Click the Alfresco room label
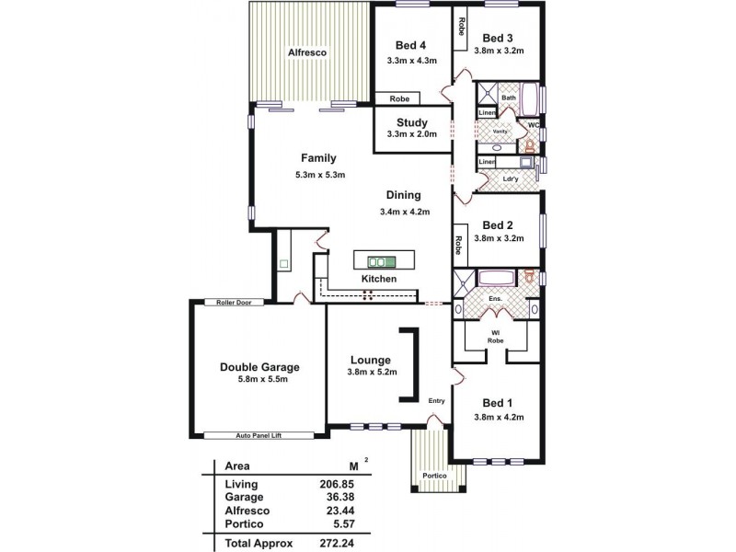pos(307,52)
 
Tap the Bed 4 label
pos(411,46)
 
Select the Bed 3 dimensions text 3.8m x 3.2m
pos(499,52)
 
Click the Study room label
pos(411,122)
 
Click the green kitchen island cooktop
pos(379,259)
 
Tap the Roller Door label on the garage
pos(235,302)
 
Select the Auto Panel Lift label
pos(258,435)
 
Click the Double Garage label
pos(259,366)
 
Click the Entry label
pos(436,400)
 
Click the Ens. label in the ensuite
pos(495,299)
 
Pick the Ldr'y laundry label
pos(512,178)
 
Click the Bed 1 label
pos(497,403)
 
